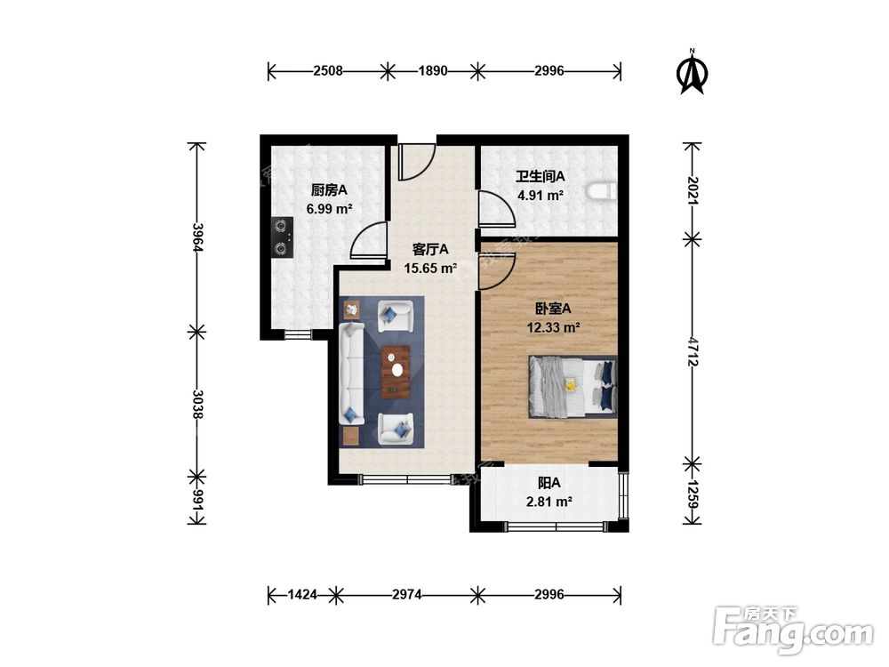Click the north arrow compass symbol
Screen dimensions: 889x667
(x=692, y=73)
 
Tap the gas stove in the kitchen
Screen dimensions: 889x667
(x=283, y=237)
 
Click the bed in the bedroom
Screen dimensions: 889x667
(x=573, y=387)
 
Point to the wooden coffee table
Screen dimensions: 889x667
(x=396, y=372)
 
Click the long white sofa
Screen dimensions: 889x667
(x=351, y=374)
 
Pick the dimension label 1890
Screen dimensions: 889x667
(x=433, y=71)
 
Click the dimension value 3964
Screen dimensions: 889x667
(x=196, y=237)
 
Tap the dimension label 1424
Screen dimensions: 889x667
(x=302, y=594)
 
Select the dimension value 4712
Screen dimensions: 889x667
(x=692, y=351)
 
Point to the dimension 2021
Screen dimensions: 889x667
(x=692, y=190)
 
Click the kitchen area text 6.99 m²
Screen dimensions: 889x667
(x=330, y=209)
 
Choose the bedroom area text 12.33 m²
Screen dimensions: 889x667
(x=553, y=327)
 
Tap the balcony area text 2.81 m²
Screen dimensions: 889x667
(x=549, y=502)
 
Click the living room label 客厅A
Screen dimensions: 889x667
(x=430, y=249)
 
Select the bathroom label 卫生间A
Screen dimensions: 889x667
(x=540, y=176)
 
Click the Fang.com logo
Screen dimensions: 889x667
(x=793, y=629)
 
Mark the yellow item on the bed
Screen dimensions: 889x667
(x=571, y=385)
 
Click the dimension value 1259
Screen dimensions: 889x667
(x=692, y=494)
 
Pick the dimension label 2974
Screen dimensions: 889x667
(x=407, y=594)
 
